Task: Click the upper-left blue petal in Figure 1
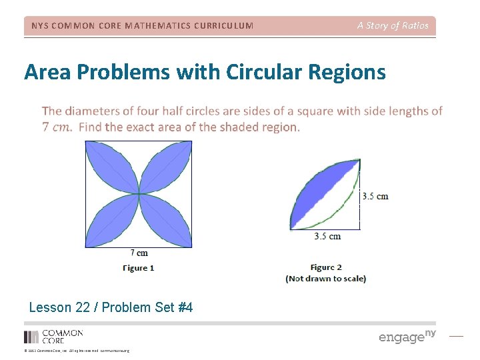tap(112, 168)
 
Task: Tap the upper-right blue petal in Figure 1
tap(165, 168)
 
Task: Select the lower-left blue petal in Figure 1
tap(112, 221)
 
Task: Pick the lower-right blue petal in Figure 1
tap(165, 221)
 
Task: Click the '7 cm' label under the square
tap(139, 253)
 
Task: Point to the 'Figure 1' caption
tap(139, 268)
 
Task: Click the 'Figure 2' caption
tap(326, 267)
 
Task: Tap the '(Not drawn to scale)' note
tap(326, 279)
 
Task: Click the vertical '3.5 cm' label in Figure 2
tap(375, 197)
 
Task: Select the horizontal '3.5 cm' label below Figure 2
tap(327, 236)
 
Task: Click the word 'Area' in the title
tap(45, 72)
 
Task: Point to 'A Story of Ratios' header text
tap(393, 26)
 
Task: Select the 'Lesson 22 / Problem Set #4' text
tap(111, 307)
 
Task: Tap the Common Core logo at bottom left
tap(53, 336)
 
